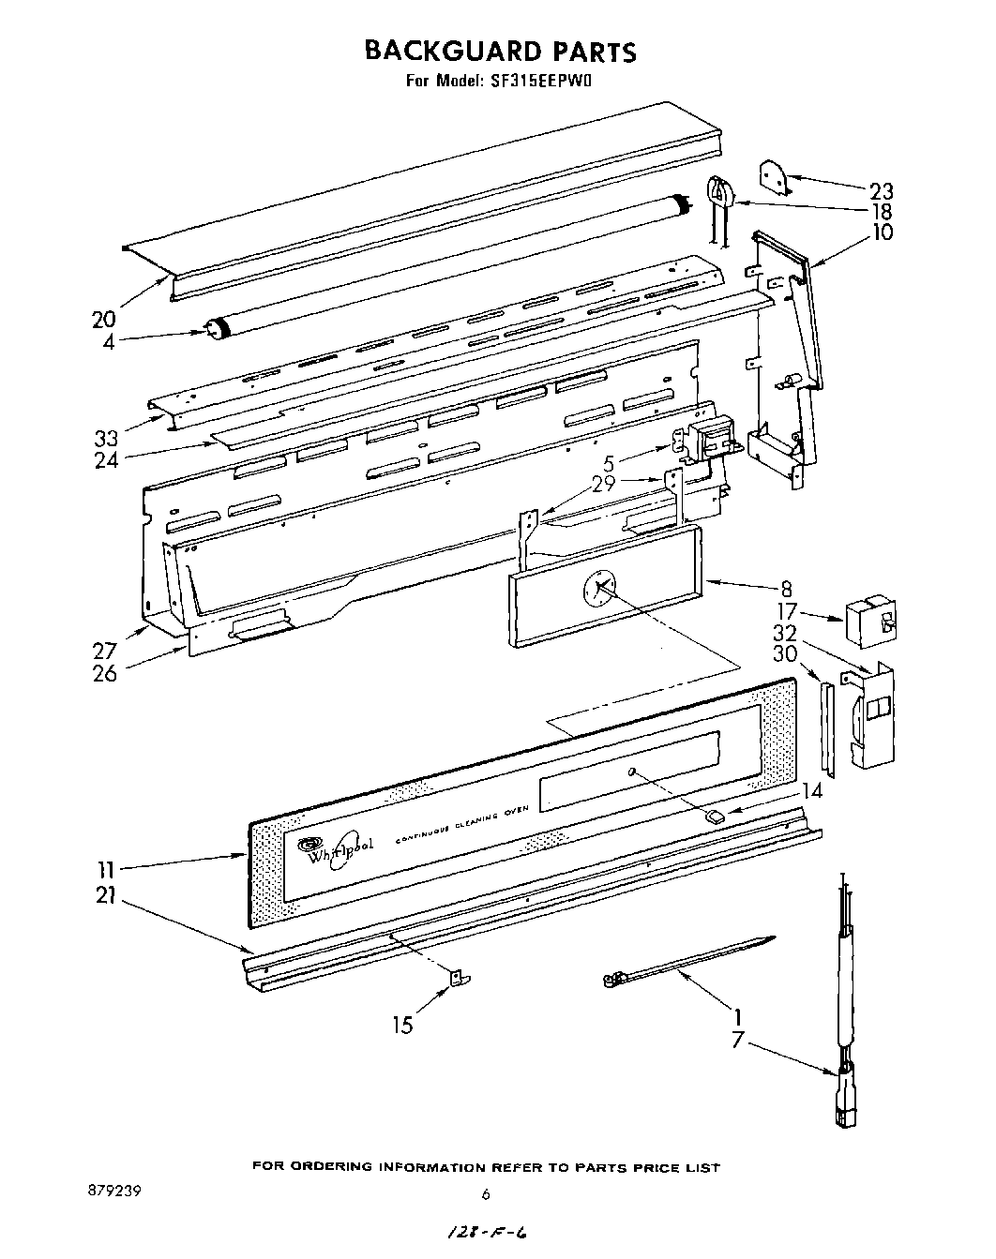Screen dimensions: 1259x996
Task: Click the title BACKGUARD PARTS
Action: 499,51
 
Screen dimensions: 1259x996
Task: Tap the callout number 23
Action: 882,190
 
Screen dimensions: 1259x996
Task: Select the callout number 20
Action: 103,319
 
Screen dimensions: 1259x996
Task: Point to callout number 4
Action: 109,342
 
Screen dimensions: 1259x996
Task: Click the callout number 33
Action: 105,437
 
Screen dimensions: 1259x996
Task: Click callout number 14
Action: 811,790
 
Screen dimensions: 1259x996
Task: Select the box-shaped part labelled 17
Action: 868,619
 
